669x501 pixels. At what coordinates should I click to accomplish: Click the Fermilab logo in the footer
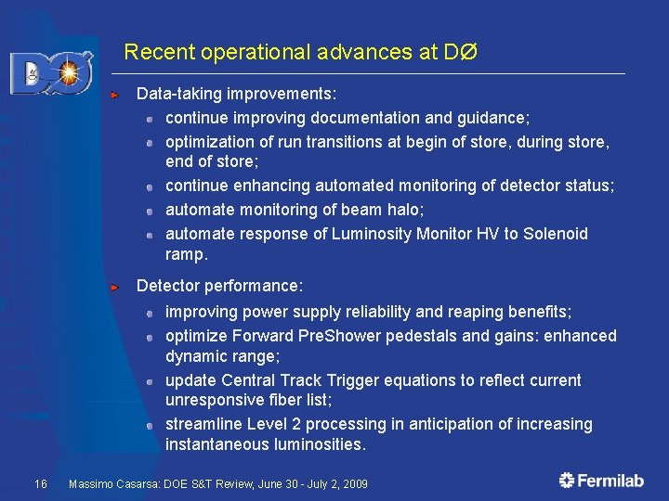[603, 480]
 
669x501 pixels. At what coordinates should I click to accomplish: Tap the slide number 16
[40, 483]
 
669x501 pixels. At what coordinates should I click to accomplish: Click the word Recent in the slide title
[152, 52]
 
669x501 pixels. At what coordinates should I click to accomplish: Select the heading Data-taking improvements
[236, 95]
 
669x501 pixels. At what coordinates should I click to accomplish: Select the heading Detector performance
[219, 287]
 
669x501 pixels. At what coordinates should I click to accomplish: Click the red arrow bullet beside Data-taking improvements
[113, 95]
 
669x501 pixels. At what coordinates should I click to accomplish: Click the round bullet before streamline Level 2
[149, 425]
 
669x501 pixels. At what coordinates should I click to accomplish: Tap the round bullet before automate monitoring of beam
[149, 212]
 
